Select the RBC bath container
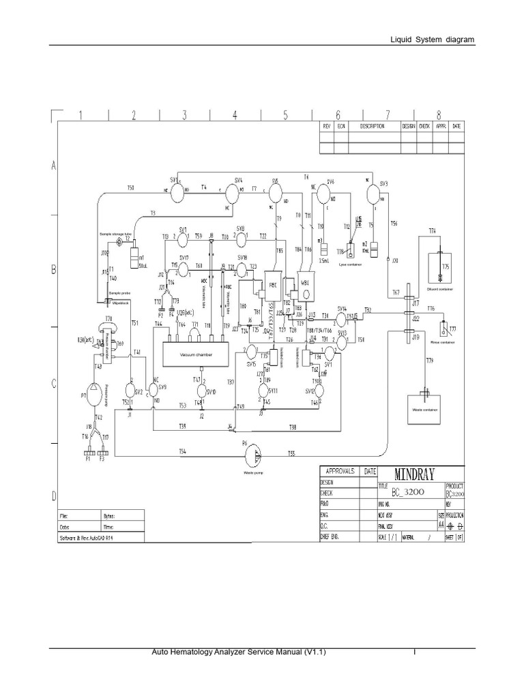coord(273,285)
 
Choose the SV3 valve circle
coord(373,194)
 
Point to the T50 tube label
coord(131,187)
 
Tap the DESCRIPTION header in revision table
coord(373,126)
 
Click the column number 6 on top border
coord(337,115)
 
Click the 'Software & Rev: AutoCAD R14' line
coord(93,537)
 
